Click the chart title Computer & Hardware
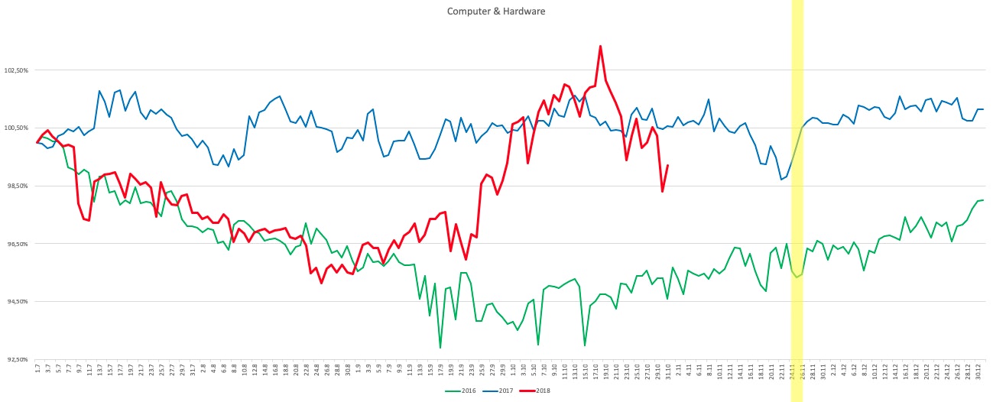pyautogui.click(x=496, y=11)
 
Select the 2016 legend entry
pyautogui.click(x=458, y=391)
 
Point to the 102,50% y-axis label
pyautogui.click(x=16, y=70)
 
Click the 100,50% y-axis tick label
pyautogui.click(x=16, y=128)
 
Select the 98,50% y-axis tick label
pyautogui.click(x=16, y=186)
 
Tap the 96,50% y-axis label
pyautogui.click(x=16, y=244)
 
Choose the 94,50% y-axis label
pyautogui.click(x=16, y=301)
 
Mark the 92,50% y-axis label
pyautogui.click(x=16, y=359)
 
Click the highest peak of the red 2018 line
pyautogui.click(x=600, y=46)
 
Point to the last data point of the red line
pyautogui.click(x=667, y=165)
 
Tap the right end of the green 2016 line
pyautogui.click(x=983, y=200)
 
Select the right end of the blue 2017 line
pyautogui.click(x=983, y=109)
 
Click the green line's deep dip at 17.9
pyautogui.click(x=440, y=348)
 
